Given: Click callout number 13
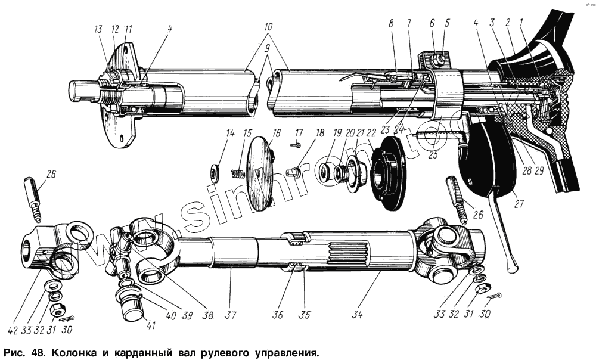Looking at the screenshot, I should pyautogui.click(x=97, y=29).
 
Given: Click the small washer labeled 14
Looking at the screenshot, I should pyautogui.click(x=214, y=173).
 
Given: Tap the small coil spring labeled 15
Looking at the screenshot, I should pyautogui.click(x=238, y=175).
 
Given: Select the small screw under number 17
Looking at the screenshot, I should pyautogui.click(x=296, y=144).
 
